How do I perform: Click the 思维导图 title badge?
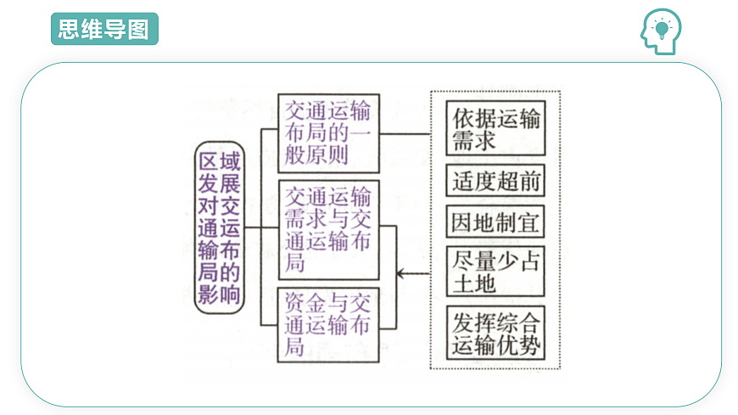point(104,29)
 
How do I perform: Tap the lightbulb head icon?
point(660,31)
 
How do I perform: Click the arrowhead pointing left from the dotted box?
point(401,272)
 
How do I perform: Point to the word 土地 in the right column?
point(474,283)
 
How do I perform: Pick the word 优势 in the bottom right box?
point(519,345)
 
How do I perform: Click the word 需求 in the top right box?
point(474,141)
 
